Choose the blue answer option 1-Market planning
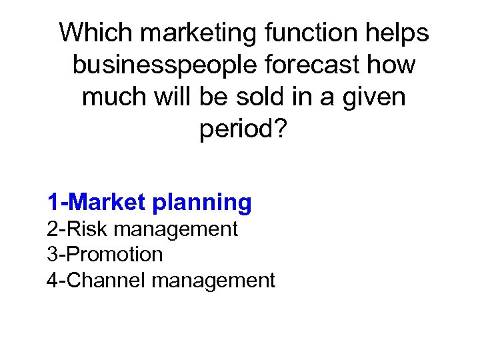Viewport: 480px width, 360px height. (149, 202)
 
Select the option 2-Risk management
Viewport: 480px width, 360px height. (142, 229)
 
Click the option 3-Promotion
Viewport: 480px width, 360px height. (105, 255)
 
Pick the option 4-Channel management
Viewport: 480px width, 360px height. (161, 281)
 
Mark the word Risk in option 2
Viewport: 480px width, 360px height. (87, 229)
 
